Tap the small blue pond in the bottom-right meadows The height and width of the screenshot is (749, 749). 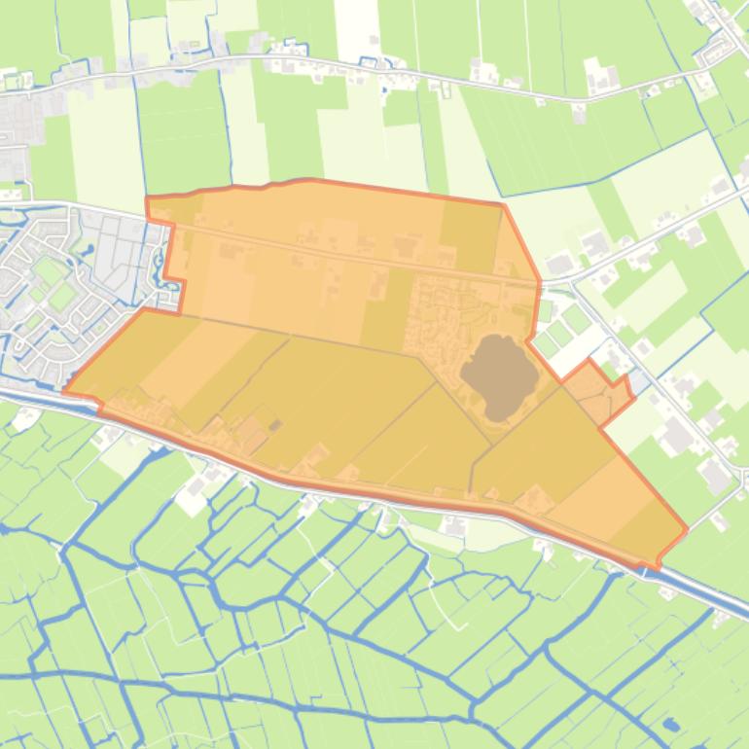[670, 725]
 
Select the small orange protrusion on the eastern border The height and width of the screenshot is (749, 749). [603, 393]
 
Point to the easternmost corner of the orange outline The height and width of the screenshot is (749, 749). [686, 530]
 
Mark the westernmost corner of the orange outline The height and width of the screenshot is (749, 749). [64, 391]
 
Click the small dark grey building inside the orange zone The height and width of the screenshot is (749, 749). [275, 424]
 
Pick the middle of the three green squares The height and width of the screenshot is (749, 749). [559, 331]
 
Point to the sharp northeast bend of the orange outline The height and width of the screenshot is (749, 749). [504, 205]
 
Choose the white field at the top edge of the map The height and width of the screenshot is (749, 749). [358, 29]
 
